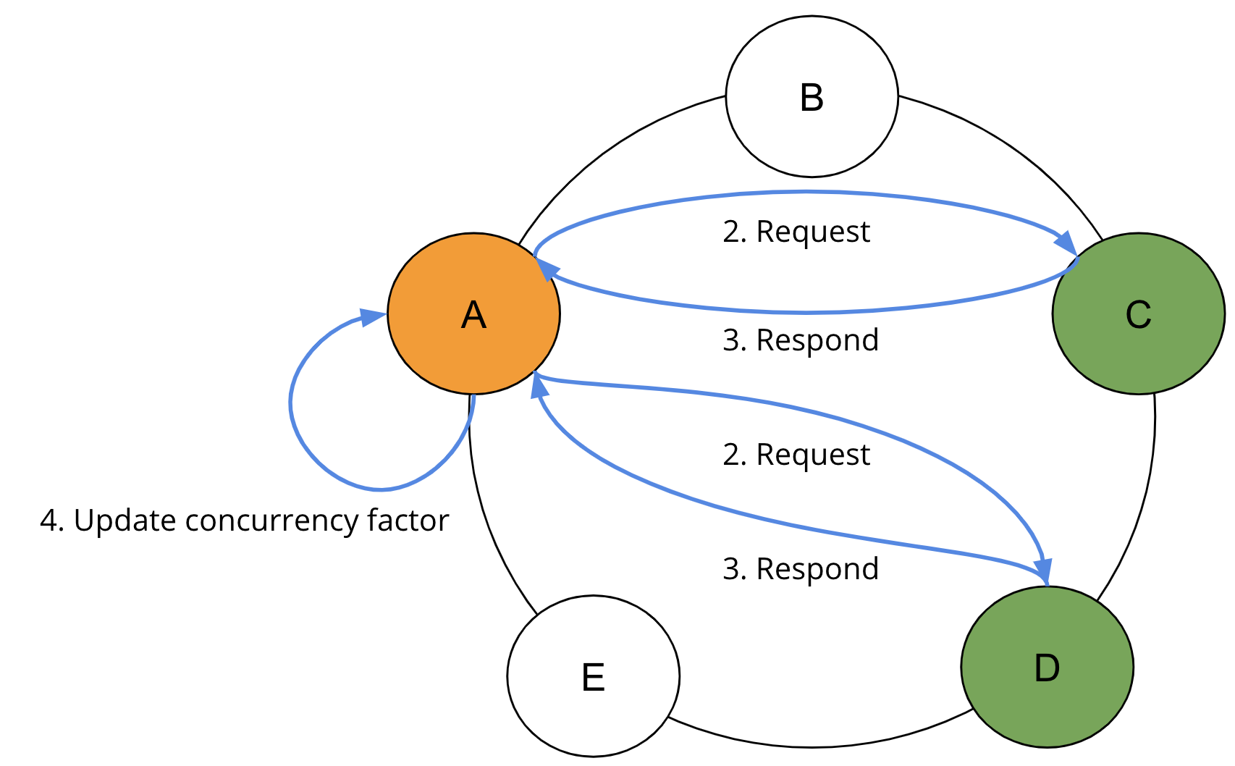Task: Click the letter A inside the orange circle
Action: [x=473, y=315]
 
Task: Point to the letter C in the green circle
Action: [x=1138, y=315]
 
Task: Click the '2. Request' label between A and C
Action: [x=796, y=232]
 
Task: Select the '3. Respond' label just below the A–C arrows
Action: [x=801, y=340]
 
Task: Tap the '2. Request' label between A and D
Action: [x=796, y=455]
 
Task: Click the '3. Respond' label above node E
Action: [x=801, y=568]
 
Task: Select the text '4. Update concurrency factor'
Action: [x=244, y=521]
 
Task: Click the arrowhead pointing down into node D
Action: [x=1043, y=571]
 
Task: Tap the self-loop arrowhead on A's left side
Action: [x=374, y=317]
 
